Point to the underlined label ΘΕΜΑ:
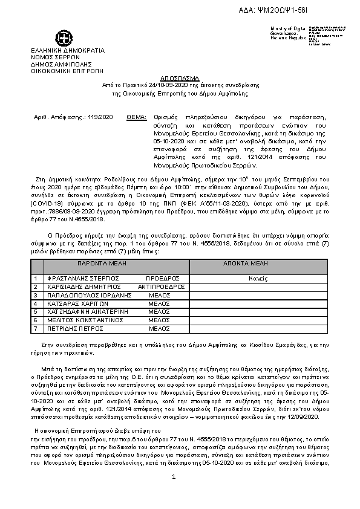pos(136,117)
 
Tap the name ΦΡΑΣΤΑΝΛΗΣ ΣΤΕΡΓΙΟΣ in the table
pos(76,279)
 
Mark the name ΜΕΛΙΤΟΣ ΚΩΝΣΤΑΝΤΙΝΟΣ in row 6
pos(80,320)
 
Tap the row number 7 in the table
pos(36,328)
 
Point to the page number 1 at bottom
pos(173,477)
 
